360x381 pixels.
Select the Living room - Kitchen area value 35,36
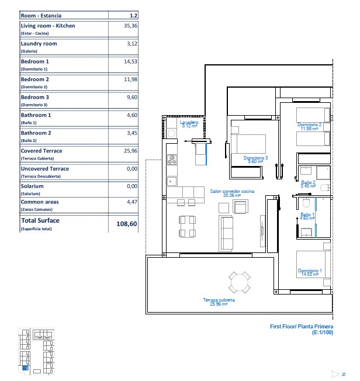[x=130, y=26]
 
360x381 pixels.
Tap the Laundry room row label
[x=39, y=44]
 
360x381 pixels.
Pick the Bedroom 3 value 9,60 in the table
[x=131, y=98]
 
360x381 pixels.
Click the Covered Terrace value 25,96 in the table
[x=130, y=151]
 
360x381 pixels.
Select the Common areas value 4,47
[x=131, y=202]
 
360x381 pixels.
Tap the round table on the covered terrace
[x=239, y=283]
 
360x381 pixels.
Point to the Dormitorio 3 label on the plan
[x=256, y=158]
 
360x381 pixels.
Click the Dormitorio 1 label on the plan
[x=308, y=272]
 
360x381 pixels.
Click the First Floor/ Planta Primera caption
[x=302, y=327]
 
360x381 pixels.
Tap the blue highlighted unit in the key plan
[x=25, y=368]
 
